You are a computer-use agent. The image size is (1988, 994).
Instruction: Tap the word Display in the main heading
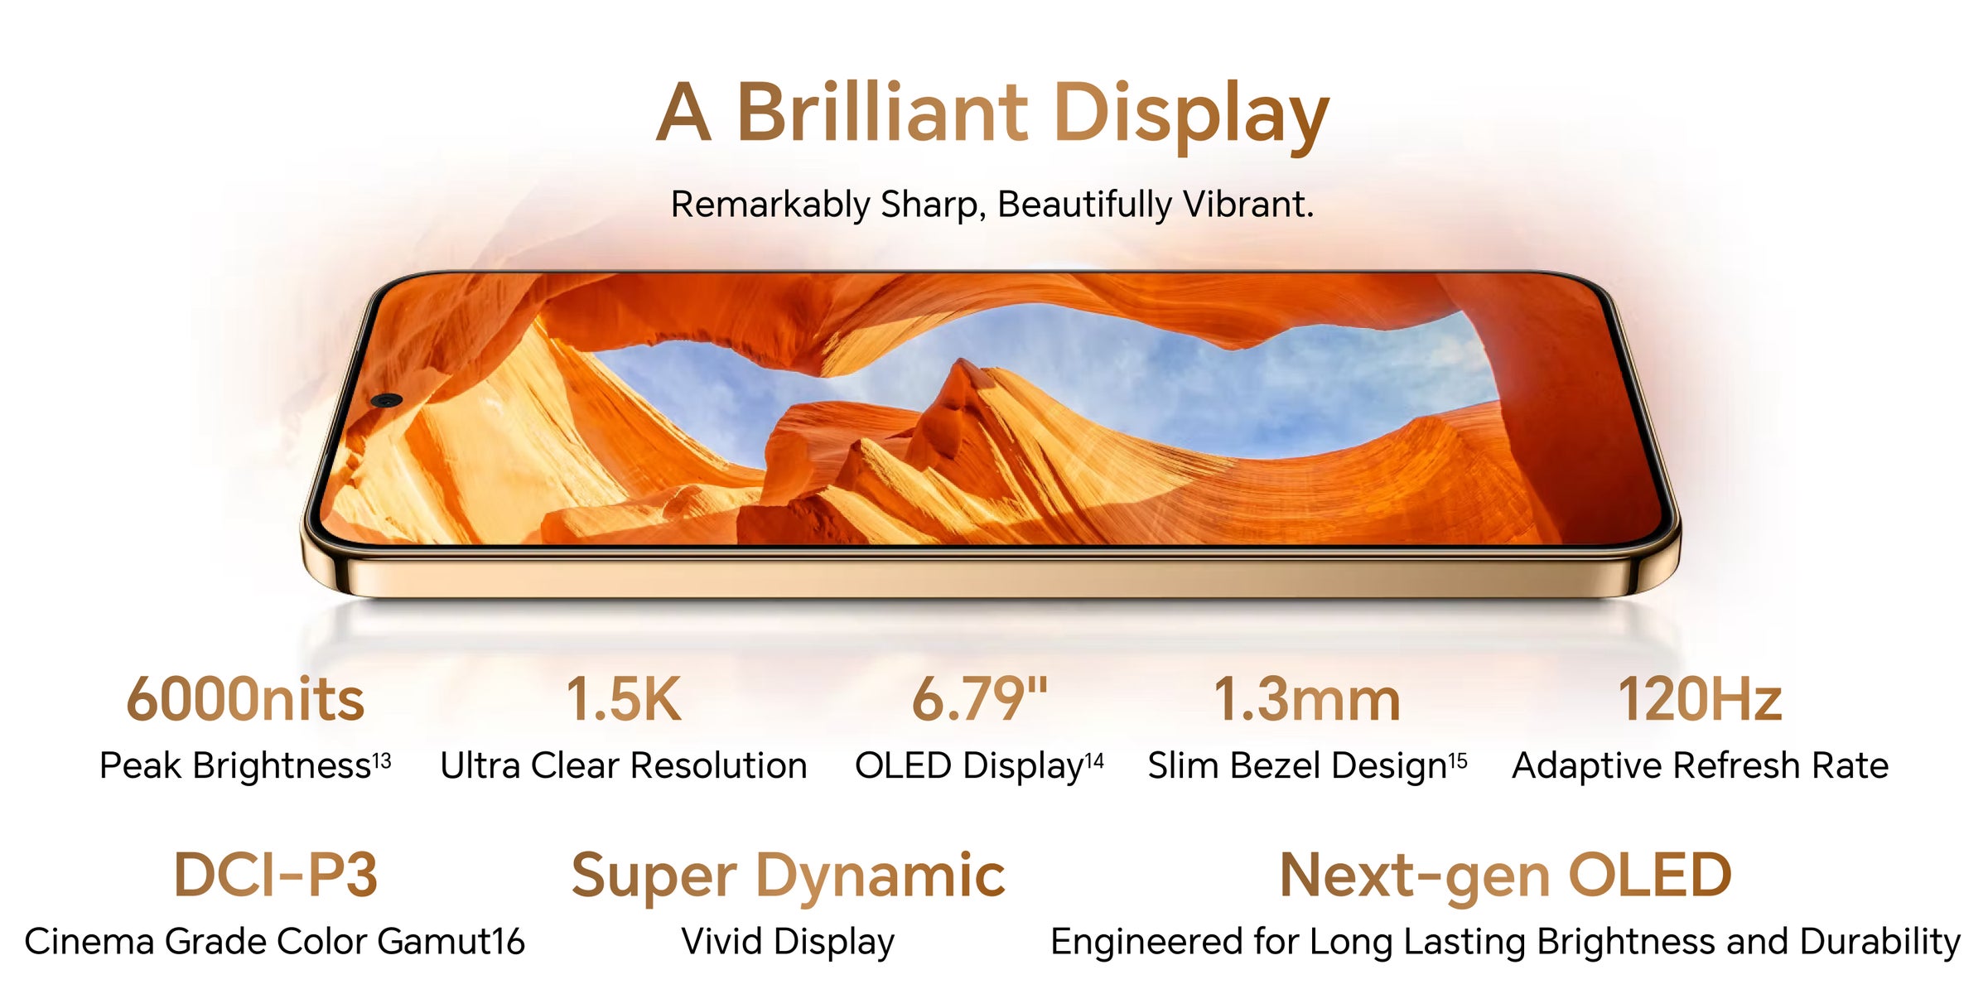pos(1192,117)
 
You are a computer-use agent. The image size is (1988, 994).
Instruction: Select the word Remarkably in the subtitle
pos(770,205)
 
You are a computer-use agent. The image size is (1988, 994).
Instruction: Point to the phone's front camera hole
pos(386,400)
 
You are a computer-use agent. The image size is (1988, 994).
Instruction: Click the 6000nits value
pos(245,699)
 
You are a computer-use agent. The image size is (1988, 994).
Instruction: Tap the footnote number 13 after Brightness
pos(382,760)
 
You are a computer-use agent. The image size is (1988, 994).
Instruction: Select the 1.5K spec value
pos(624,699)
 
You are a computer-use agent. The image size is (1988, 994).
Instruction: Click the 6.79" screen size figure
pos(980,699)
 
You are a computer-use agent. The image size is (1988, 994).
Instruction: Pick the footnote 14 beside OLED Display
pos(1094,760)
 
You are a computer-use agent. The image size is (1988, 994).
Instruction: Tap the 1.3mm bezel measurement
pos(1307,699)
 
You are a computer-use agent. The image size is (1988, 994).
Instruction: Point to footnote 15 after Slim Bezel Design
pos(1458,760)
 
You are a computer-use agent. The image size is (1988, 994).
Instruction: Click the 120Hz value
pos(1700,699)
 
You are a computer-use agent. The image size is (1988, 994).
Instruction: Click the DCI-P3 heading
pos(275,875)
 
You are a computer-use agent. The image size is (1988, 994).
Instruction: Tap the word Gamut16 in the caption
pos(451,942)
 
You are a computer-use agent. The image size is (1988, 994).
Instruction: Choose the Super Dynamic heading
pos(788,878)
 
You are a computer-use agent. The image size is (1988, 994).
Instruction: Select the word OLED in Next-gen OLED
pos(1650,875)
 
